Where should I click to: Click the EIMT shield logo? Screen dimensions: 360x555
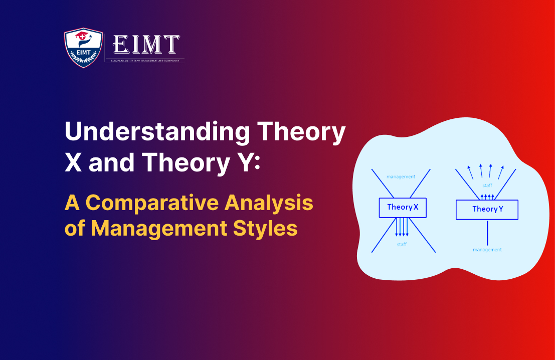point(83,49)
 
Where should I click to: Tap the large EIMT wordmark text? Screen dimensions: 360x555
point(146,45)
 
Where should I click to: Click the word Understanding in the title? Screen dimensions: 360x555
point(157,133)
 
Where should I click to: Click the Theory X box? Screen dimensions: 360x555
point(403,207)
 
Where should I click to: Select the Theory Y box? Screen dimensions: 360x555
point(486,209)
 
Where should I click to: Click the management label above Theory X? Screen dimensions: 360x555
point(401,176)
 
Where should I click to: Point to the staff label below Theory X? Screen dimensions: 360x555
point(402,244)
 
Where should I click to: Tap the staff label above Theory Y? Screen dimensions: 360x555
point(487,186)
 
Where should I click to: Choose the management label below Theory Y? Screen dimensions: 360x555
point(487,249)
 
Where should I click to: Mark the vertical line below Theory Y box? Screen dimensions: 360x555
point(487,232)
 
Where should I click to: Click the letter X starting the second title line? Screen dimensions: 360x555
point(73,161)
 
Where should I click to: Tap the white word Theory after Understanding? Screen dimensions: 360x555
point(300,133)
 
